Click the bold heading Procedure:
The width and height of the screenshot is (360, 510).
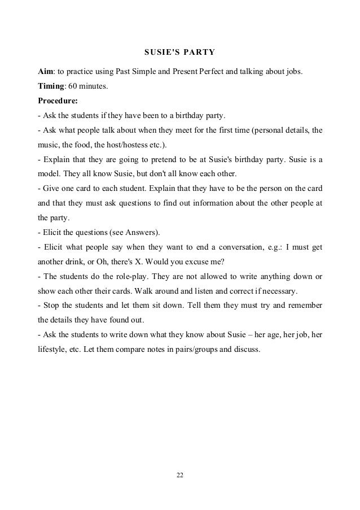[x=58, y=102]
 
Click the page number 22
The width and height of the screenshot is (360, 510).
[x=180, y=476]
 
